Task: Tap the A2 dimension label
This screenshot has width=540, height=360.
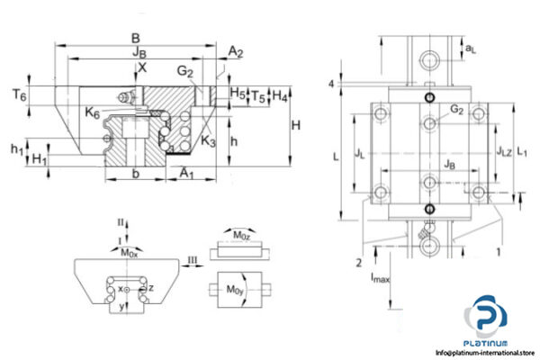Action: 236,53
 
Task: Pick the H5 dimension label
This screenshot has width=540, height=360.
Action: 237,93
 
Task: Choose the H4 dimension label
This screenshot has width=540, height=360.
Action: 281,94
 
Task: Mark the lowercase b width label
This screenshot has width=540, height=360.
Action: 134,170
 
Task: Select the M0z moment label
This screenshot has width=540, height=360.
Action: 242,236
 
